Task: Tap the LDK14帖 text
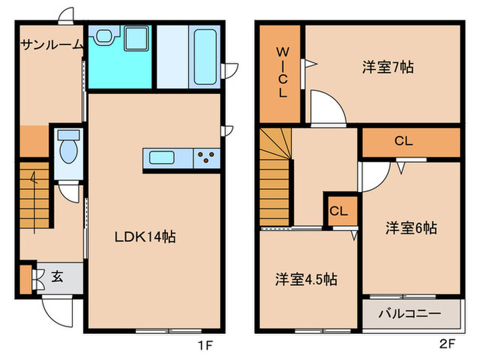tap(145, 237)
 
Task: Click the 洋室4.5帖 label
tap(306, 280)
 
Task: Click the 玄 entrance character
tap(58, 278)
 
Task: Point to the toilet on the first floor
tap(67, 149)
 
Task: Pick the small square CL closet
tap(338, 211)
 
